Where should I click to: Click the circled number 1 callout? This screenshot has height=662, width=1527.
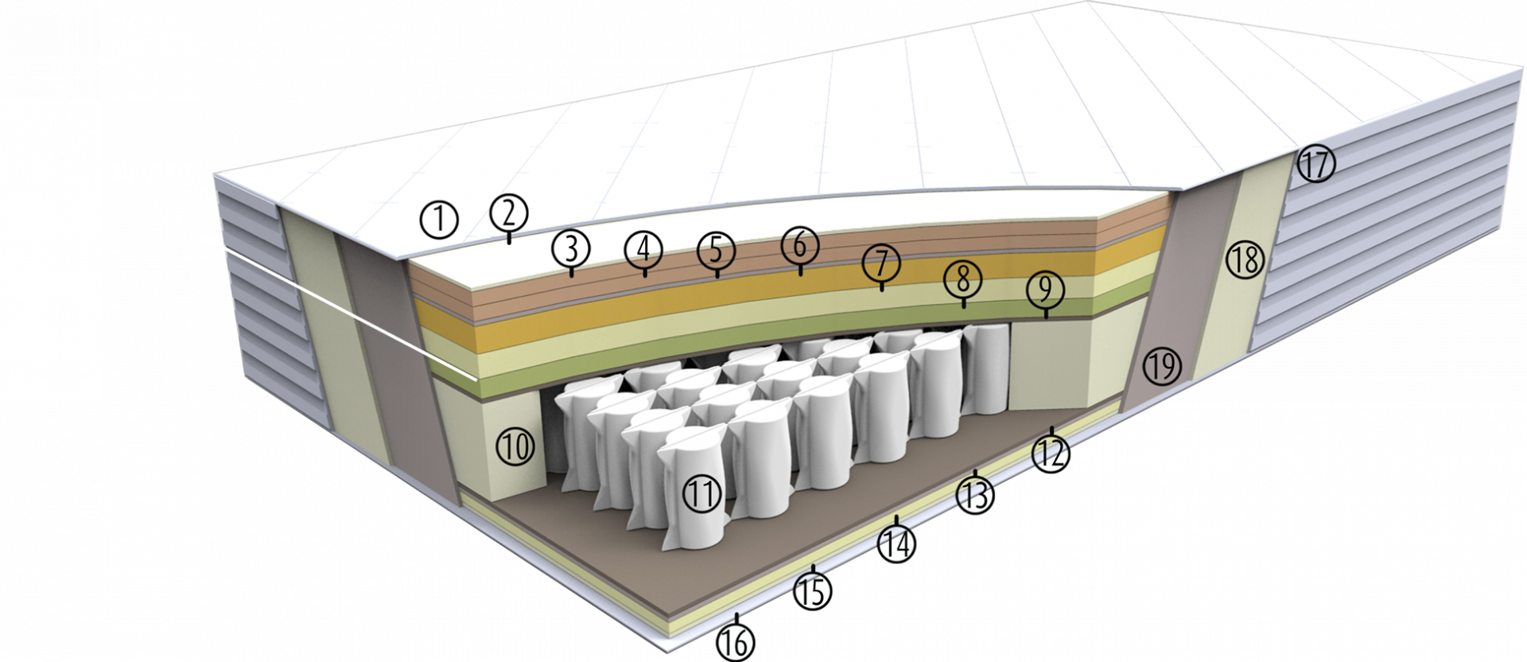(x=440, y=220)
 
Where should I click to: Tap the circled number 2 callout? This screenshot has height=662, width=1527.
(x=510, y=212)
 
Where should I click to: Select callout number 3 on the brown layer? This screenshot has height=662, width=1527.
(x=571, y=248)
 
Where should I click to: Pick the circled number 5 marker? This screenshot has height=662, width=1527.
(x=717, y=251)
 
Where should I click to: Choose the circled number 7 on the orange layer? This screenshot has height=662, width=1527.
(x=881, y=263)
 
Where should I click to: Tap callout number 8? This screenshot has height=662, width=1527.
(x=963, y=279)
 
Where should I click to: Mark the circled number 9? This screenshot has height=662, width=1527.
(x=1045, y=290)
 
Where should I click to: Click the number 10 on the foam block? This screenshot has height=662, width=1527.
(x=515, y=447)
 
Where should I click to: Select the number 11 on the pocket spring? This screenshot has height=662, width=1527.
(x=702, y=494)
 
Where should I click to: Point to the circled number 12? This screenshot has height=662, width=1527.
(x=1051, y=454)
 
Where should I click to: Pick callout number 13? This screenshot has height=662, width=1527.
(x=976, y=495)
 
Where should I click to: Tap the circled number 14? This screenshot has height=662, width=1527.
(x=896, y=544)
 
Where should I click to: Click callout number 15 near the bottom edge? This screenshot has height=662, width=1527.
(x=812, y=591)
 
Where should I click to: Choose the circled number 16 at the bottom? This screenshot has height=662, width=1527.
(x=736, y=641)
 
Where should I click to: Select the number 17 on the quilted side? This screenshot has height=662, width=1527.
(x=1315, y=165)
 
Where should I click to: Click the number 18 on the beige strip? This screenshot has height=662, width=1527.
(x=1245, y=259)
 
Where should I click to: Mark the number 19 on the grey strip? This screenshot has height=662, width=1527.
(x=1162, y=366)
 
